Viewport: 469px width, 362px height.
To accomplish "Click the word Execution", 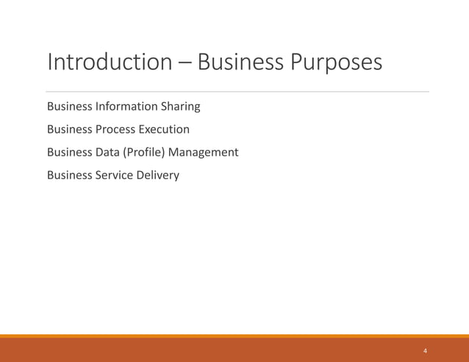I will click(163, 129).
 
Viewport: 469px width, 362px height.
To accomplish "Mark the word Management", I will click(204, 152).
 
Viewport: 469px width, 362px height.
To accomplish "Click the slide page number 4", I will click(425, 351).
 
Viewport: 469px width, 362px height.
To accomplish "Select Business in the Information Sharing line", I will click(71, 106).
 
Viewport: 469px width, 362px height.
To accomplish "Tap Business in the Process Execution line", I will click(71, 129).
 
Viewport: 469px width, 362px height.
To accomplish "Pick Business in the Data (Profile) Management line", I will click(71, 152).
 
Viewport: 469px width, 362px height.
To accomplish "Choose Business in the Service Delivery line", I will click(71, 175).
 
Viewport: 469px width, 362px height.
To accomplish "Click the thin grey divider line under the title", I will click(235, 92).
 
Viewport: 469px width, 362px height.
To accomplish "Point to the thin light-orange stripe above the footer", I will click(234, 336).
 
